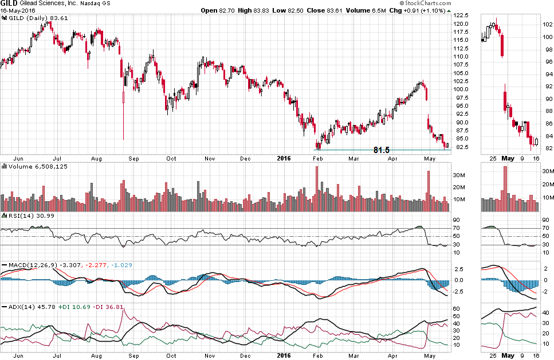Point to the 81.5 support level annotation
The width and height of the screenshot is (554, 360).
381,150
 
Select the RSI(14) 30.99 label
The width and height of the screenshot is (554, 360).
26,215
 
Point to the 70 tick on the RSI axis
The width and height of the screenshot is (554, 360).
457,228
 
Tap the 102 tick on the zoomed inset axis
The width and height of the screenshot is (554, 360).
547,25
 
